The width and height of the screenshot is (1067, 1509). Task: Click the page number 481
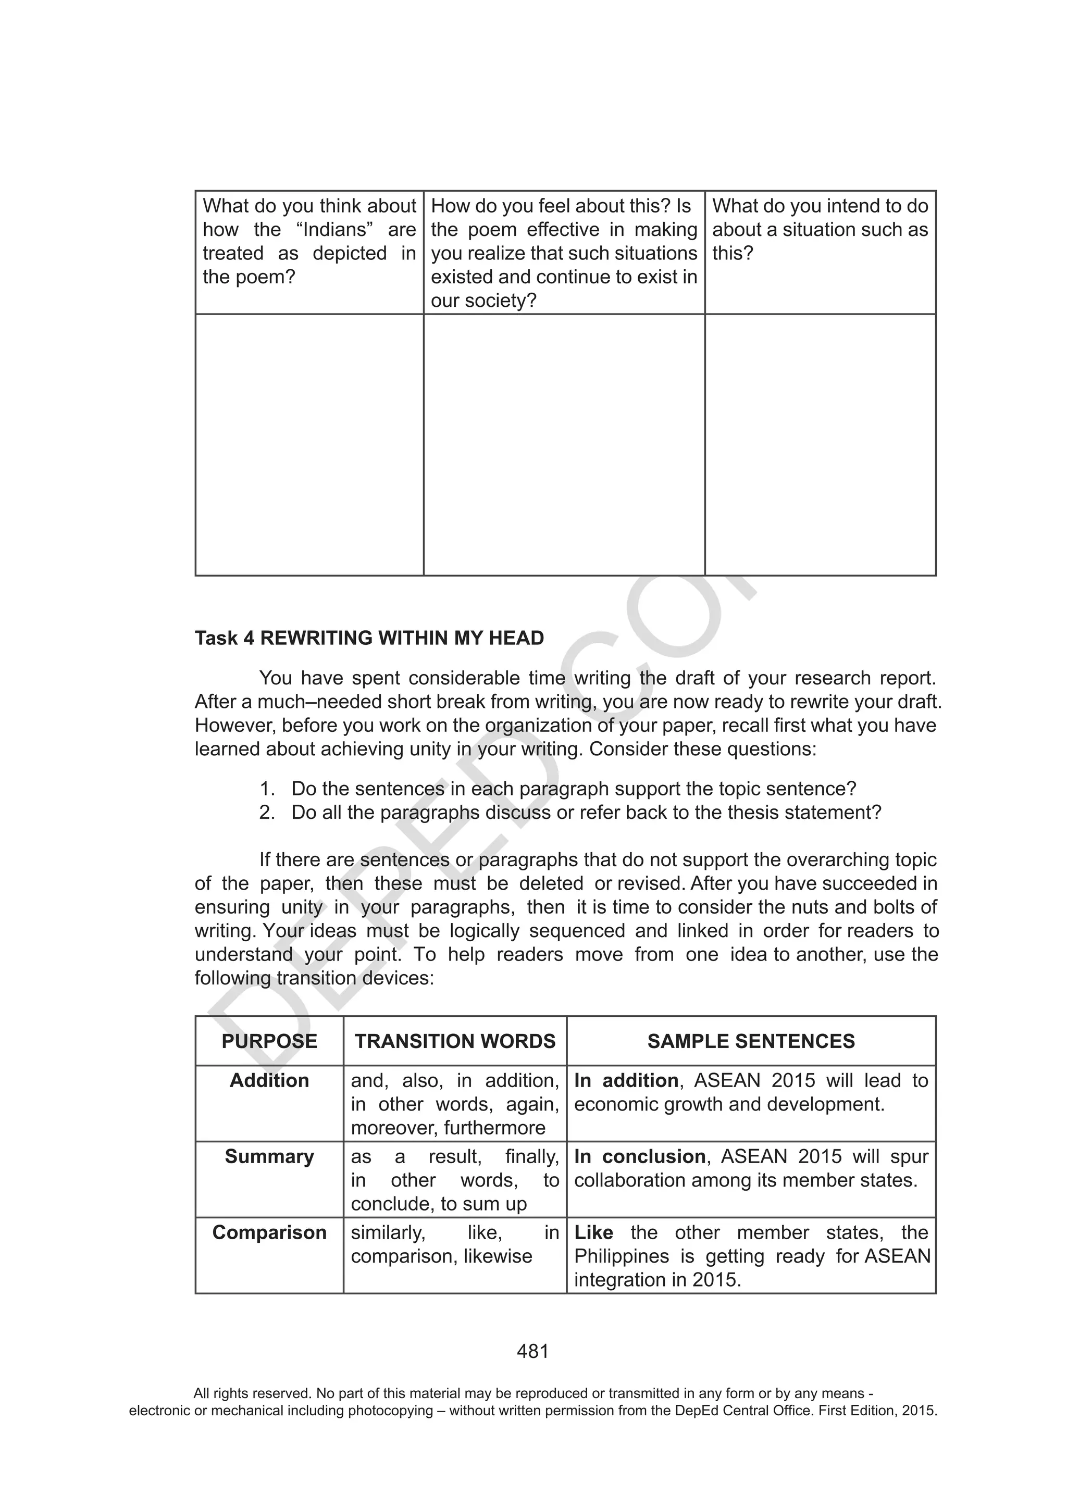point(532,1351)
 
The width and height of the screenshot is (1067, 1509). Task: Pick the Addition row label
point(269,1080)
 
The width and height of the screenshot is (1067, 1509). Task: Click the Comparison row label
point(269,1232)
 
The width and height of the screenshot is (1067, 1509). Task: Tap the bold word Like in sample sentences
point(593,1232)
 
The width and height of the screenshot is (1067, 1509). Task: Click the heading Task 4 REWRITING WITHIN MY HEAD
point(369,638)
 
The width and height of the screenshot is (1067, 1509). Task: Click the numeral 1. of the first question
point(266,788)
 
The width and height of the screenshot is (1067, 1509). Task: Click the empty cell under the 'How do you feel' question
point(563,444)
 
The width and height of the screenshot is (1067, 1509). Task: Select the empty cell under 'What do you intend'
point(820,444)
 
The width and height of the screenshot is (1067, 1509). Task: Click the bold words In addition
point(626,1080)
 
